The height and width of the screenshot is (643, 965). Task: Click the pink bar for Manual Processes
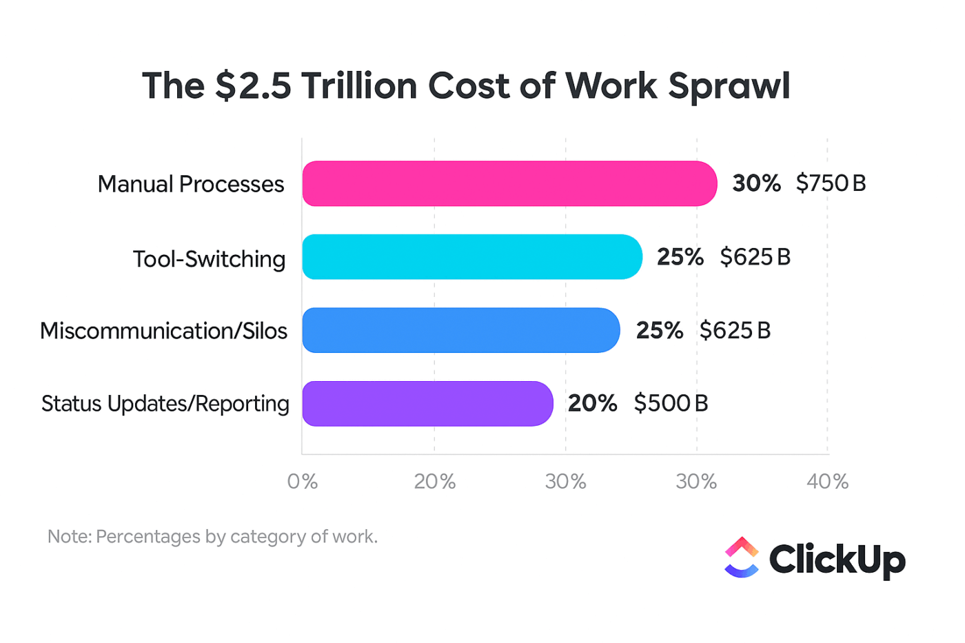click(x=509, y=184)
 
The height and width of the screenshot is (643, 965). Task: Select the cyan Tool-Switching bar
click(x=472, y=257)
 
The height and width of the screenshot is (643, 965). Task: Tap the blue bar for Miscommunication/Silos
click(x=460, y=330)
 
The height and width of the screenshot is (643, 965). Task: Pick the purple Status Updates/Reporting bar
click(x=427, y=404)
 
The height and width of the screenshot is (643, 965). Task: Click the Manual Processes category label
click(x=191, y=184)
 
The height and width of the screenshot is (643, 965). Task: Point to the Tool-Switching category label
click(x=209, y=259)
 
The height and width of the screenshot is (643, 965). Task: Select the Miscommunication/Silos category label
click(x=163, y=331)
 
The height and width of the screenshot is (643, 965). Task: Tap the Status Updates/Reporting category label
click(x=165, y=404)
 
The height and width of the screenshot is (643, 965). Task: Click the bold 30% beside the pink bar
click(x=756, y=183)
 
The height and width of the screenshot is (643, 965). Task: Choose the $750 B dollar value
click(x=831, y=183)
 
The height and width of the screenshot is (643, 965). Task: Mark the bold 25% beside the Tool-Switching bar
click(x=680, y=257)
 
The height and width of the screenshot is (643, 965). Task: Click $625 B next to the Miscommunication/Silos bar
click(x=735, y=331)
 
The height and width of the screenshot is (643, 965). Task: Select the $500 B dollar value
click(x=671, y=403)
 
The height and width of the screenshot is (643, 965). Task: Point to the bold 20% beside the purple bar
click(x=592, y=403)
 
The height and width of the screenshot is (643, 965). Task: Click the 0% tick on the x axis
click(x=303, y=482)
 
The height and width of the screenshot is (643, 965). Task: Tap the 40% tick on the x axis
click(x=827, y=482)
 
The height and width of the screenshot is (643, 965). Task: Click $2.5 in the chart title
click(x=252, y=86)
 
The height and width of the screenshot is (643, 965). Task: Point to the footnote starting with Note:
click(x=212, y=536)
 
